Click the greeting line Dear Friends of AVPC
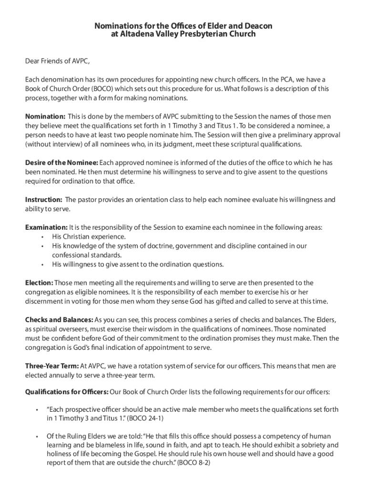[57, 61]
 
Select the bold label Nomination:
[45, 116]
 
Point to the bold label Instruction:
[43, 200]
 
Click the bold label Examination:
[46, 227]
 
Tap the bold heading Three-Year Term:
[51, 366]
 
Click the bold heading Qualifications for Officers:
[67, 392]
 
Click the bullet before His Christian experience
[42, 237]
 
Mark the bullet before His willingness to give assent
[42, 264]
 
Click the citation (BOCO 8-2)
[194, 463]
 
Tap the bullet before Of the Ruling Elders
[37, 437]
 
